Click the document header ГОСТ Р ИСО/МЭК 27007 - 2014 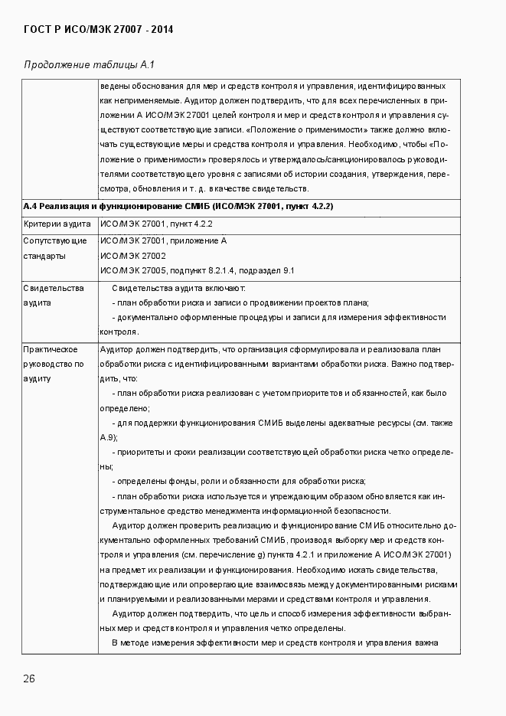coord(98,30)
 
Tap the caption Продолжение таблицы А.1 coord(90,64)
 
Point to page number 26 coord(29,678)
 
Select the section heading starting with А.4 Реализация coord(178,207)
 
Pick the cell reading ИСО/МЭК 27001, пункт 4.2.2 coord(156,224)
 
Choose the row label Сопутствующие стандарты coord(55,248)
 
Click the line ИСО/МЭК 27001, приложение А coord(164,241)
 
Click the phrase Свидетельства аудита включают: coord(178,288)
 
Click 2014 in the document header coord(162,30)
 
